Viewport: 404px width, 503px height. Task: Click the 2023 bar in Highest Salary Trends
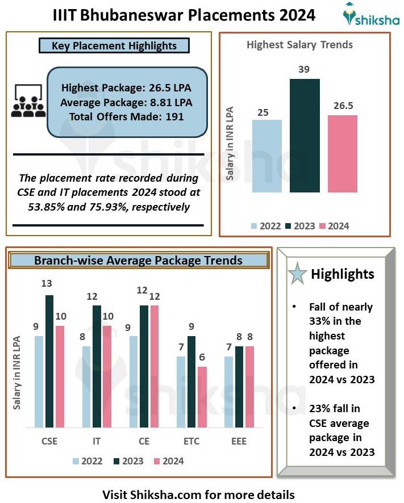click(305, 136)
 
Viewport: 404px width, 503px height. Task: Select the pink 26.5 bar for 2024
click(343, 154)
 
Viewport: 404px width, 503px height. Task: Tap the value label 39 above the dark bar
click(305, 69)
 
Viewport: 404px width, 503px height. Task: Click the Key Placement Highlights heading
click(114, 45)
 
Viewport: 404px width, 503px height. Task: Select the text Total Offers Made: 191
click(127, 117)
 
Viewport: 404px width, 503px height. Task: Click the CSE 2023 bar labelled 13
click(49, 361)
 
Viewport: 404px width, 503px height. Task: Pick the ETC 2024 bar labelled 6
click(202, 397)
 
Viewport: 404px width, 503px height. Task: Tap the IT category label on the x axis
click(97, 441)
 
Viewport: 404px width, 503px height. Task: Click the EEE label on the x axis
click(239, 441)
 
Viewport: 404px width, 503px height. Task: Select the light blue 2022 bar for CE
click(134, 382)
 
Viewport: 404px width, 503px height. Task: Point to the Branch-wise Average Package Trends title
click(138, 261)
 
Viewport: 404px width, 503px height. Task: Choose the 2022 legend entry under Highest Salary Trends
click(266, 226)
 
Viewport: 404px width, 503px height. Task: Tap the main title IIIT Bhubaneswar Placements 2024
click(184, 15)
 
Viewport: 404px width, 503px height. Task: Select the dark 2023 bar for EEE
click(239, 387)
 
